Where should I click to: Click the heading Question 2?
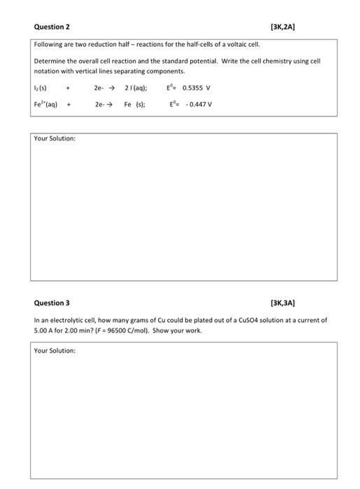click(52, 27)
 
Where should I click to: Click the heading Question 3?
click(52, 303)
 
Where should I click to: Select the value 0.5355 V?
click(196, 88)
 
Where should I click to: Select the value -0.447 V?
click(200, 104)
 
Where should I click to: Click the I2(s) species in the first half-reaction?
click(41, 88)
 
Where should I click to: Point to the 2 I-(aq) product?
click(136, 88)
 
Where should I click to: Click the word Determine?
click(50, 61)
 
